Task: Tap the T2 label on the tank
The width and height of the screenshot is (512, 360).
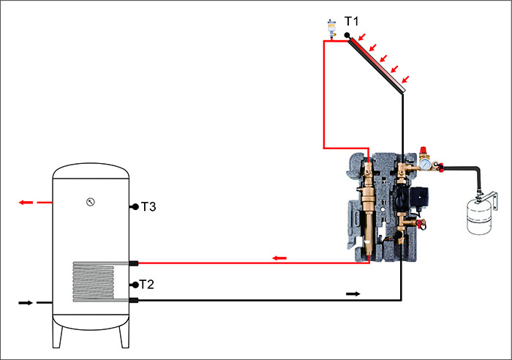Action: click(x=147, y=285)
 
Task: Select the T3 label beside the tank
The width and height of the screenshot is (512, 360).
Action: click(x=148, y=207)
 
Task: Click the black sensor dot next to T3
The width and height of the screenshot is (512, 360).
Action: click(x=135, y=208)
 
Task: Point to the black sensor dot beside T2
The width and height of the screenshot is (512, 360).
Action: click(x=135, y=285)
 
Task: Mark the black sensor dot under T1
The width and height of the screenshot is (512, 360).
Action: click(x=347, y=35)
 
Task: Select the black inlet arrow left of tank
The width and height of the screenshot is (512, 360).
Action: click(x=25, y=301)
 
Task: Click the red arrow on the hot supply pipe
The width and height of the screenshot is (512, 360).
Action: click(x=279, y=258)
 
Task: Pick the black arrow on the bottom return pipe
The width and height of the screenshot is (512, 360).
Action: click(x=353, y=293)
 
